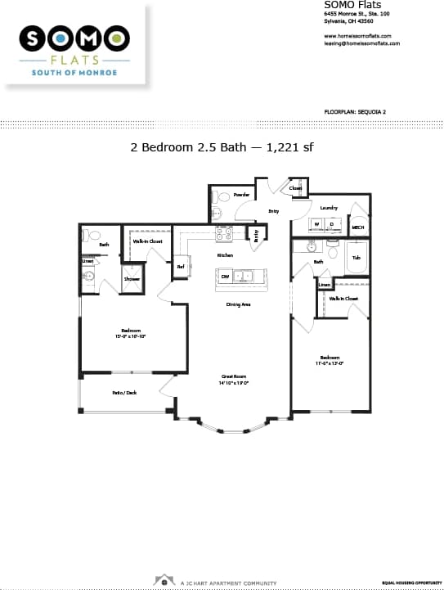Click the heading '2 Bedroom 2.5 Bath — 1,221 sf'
(x=222, y=147)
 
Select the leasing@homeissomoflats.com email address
(x=361, y=43)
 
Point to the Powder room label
(x=242, y=195)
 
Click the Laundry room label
(x=329, y=208)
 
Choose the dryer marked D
(x=332, y=223)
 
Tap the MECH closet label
(x=358, y=227)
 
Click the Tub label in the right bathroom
(x=357, y=258)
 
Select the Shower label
(x=132, y=279)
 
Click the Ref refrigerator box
(x=181, y=266)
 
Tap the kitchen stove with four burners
(x=225, y=234)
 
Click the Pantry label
(x=257, y=236)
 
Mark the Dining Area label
(x=238, y=304)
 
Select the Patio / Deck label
(x=124, y=393)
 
